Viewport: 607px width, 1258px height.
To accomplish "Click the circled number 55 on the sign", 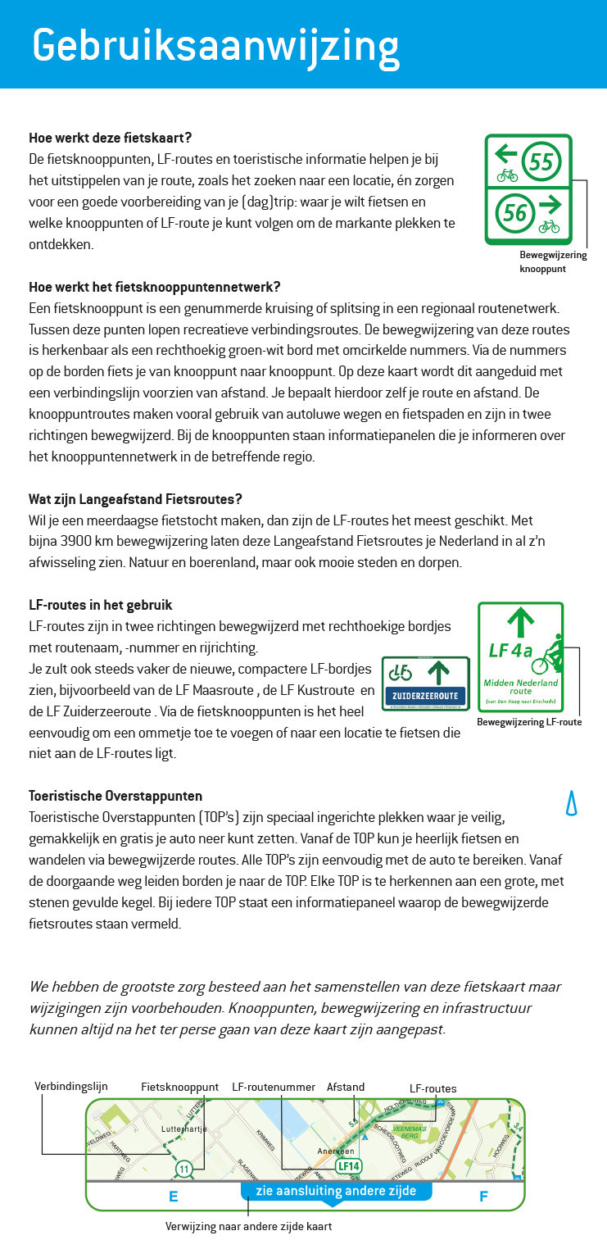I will pyautogui.click(x=541, y=161).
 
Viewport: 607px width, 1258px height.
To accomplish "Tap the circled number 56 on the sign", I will pyautogui.click(x=514, y=214).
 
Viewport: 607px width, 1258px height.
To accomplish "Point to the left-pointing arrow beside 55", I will pyautogui.click(x=505, y=153).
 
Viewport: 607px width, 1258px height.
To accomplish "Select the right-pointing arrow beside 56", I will pyautogui.click(x=550, y=203).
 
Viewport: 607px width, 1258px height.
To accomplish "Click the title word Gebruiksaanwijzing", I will pyautogui.click(x=215, y=44).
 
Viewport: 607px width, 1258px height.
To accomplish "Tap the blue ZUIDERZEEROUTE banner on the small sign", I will pyautogui.click(x=425, y=697).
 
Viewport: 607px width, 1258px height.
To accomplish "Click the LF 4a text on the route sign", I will pyautogui.click(x=510, y=651).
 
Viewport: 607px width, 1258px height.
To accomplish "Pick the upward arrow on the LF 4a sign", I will pyautogui.click(x=520, y=620).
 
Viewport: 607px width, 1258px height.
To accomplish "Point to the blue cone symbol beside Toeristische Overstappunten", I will pyautogui.click(x=572, y=804).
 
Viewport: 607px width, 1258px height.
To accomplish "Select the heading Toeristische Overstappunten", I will pyautogui.click(x=116, y=796).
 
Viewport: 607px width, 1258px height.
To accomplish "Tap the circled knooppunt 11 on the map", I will pyautogui.click(x=183, y=1168).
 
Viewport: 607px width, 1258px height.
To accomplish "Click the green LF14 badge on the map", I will pyautogui.click(x=348, y=1165).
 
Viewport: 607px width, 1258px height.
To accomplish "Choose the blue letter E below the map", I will pyautogui.click(x=173, y=1197).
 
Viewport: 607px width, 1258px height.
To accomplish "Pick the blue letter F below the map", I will pyautogui.click(x=483, y=1197).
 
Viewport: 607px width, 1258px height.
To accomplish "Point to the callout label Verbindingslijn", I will pyautogui.click(x=71, y=1086).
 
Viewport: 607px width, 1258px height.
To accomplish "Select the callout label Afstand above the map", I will pyautogui.click(x=346, y=1088).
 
